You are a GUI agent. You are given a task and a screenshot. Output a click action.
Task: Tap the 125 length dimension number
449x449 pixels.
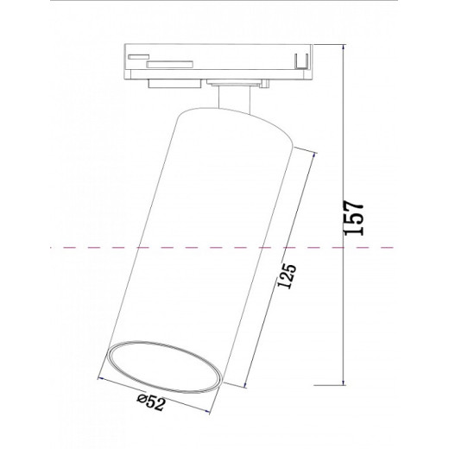pyautogui.click(x=289, y=281)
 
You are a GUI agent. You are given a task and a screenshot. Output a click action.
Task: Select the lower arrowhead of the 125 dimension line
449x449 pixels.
pyautogui.click(x=251, y=385)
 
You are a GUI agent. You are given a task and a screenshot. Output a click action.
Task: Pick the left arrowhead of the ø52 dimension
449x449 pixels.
pyautogui.click(x=101, y=378)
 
